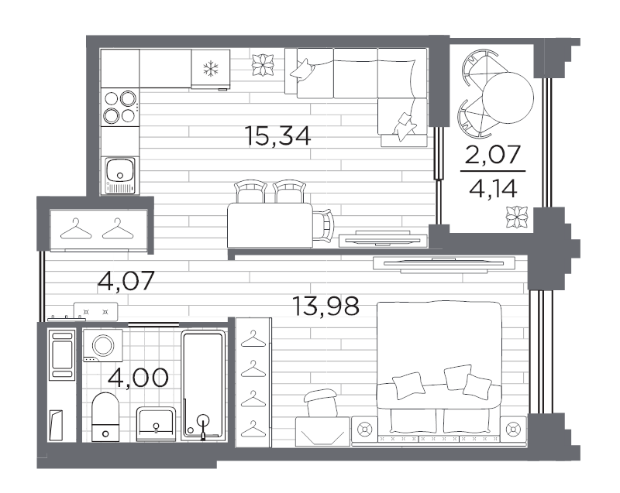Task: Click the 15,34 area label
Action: click(278, 136)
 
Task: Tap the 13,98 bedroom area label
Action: click(325, 306)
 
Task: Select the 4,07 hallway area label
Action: click(126, 281)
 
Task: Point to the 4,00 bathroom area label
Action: click(138, 378)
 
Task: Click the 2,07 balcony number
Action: click(493, 154)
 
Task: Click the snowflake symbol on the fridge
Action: click(211, 68)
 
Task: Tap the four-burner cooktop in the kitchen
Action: click(120, 107)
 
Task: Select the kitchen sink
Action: click(120, 175)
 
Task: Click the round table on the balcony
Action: click(508, 97)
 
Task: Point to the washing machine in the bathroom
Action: click(103, 345)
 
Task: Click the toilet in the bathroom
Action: click(105, 417)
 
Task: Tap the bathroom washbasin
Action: click(157, 424)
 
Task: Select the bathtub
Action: click(204, 385)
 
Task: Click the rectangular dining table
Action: click(270, 225)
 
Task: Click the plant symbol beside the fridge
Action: click(263, 65)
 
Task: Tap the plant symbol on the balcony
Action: click(517, 217)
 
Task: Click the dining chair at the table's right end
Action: click(323, 225)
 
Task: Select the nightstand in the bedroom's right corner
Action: click(513, 428)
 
